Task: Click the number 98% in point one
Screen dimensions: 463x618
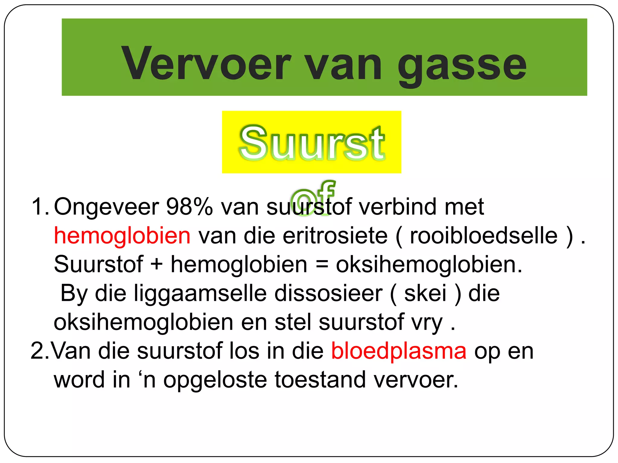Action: [x=190, y=207]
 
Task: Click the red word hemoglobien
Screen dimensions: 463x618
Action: [x=122, y=236]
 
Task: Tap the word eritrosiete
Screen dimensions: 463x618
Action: [x=335, y=236]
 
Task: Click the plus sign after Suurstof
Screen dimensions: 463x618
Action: [x=157, y=264]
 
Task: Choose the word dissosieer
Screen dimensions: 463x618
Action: [x=328, y=293]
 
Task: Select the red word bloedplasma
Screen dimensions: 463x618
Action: [x=399, y=351]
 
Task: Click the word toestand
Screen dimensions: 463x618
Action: [x=320, y=380]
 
